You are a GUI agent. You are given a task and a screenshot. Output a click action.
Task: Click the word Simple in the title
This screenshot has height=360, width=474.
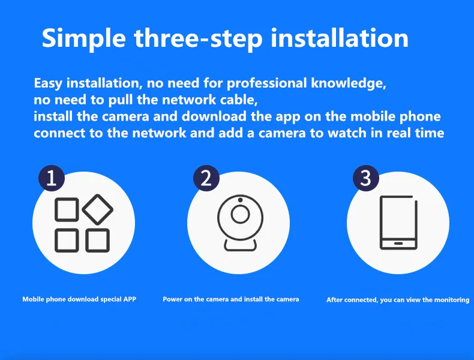pyautogui.click(x=84, y=38)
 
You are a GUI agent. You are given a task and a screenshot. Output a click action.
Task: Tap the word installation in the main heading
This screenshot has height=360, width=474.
pyautogui.click(x=340, y=38)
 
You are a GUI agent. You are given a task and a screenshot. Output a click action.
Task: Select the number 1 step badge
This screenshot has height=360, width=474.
pyautogui.click(x=52, y=178)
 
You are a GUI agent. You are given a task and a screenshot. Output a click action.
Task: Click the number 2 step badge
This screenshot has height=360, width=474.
pyautogui.click(x=206, y=178)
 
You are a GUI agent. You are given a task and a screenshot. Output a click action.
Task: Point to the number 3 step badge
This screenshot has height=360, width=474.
pyautogui.click(x=366, y=178)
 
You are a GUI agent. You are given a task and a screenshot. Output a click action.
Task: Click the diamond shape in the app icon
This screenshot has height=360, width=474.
pyautogui.click(x=98, y=209)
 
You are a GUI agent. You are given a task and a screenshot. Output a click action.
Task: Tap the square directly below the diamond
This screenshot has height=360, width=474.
pyautogui.click(x=97, y=241)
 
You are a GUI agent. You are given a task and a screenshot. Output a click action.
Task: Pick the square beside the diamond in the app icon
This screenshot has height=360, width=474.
pyautogui.click(x=67, y=209)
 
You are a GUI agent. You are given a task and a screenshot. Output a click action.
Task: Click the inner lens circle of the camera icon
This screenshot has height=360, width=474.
pyautogui.click(x=241, y=214)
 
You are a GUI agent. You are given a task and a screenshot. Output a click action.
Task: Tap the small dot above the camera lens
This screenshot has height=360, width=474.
pyautogui.click(x=240, y=200)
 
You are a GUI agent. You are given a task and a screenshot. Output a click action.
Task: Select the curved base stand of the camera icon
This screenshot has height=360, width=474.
pyautogui.click(x=241, y=247)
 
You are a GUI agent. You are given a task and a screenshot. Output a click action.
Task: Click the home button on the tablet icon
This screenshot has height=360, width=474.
pyautogui.click(x=398, y=244)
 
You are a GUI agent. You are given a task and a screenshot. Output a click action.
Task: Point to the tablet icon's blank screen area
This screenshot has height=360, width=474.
pyautogui.click(x=398, y=218)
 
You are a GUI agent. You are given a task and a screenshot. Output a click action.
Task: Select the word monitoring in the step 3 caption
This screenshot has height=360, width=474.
pyautogui.click(x=452, y=300)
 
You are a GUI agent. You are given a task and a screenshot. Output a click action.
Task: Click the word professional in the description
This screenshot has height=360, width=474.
pyautogui.click(x=266, y=83)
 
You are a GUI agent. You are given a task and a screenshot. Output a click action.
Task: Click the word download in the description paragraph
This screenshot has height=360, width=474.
pyautogui.click(x=214, y=116)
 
